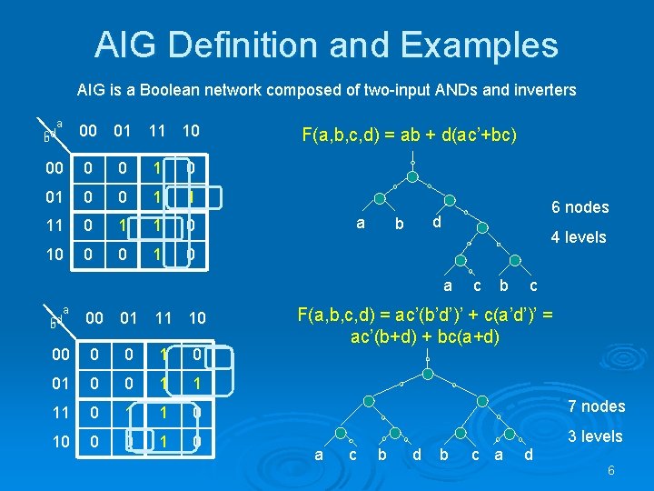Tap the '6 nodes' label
pyautogui.click(x=580, y=207)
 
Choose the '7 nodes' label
pyautogui.click(x=596, y=406)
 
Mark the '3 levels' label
pyautogui.click(x=595, y=436)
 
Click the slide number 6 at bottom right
pyautogui.click(x=611, y=470)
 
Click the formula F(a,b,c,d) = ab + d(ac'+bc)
pyautogui.click(x=409, y=135)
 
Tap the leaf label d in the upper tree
pyautogui.click(x=437, y=223)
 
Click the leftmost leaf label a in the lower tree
pyautogui.click(x=317, y=454)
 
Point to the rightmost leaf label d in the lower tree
pyautogui.click(x=530, y=454)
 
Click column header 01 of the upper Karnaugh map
pyautogui.click(x=122, y=132)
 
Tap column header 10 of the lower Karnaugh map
pyautogui.click(x=196, y=317)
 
